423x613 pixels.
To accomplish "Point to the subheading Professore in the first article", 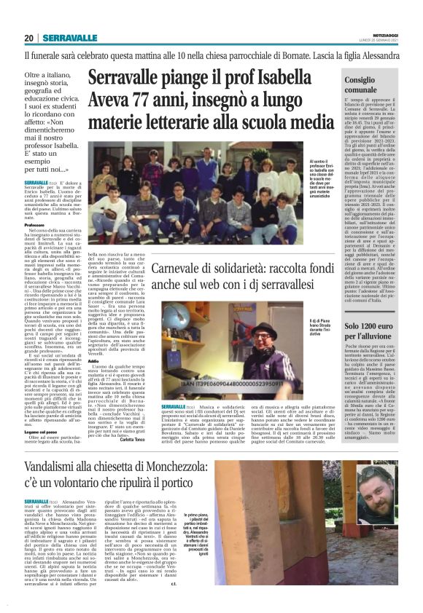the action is click(x=36, y=226).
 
